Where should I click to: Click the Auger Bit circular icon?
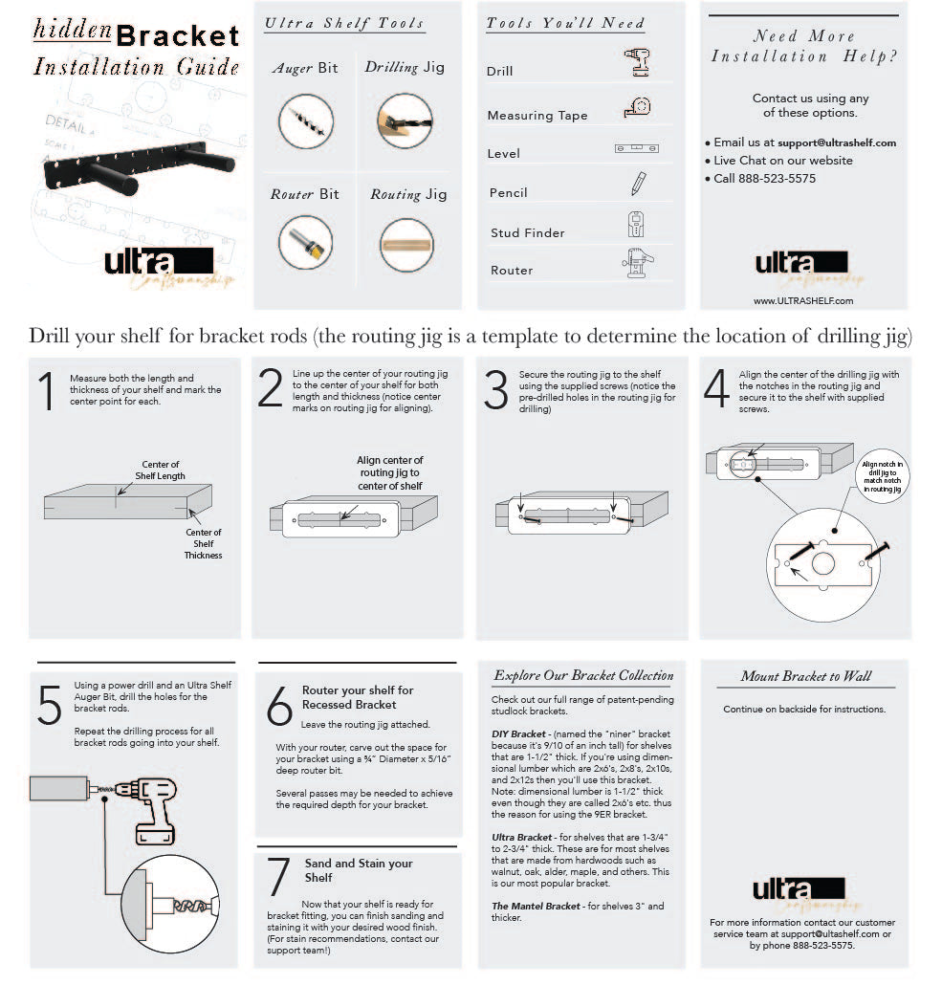(x=306, y=121)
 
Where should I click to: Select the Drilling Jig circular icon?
(x=405, y=121)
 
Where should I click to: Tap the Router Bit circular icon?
(x=306, y=243)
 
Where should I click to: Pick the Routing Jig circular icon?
(x=406, y=245)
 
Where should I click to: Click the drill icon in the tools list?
(x=637, y=64)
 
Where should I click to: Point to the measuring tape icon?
(x=638, y=108)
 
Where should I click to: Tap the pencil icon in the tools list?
(x=638, y=184)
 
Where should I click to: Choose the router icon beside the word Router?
(x=637, y=263)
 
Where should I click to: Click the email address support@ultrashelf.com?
(x=837, y=142)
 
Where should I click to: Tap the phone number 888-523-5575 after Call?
(x=777, y=179)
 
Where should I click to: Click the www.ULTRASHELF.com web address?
(x=803, y=300)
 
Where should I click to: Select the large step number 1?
(x=46, y=393)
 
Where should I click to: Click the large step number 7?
(x=278, y=876)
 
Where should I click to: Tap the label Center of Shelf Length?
(x=161, y=470)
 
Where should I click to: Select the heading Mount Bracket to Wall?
(x=806, y=676)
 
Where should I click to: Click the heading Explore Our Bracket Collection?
(x=583, y=675)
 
